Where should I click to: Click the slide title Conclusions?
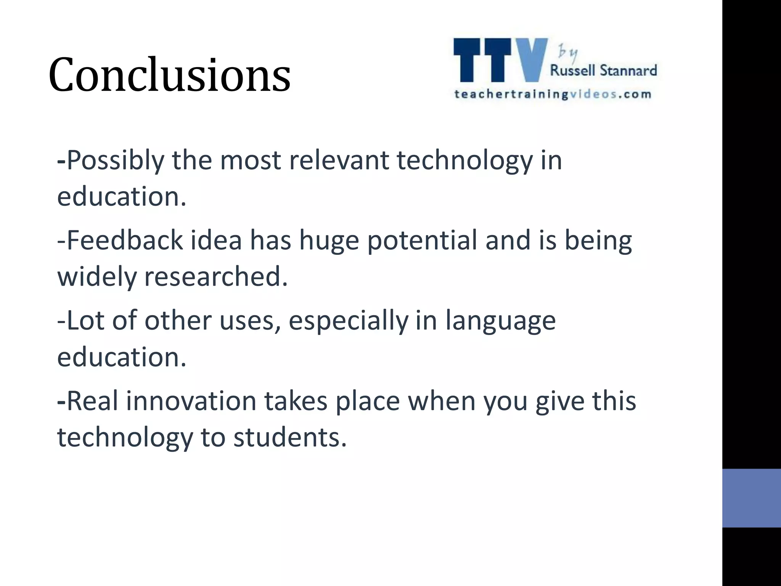click(169, 75)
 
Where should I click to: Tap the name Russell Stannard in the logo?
click(603, 71)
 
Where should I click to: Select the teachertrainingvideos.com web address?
click(553, 94)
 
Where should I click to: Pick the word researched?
click(215, 276)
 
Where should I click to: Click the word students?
click(290, 437)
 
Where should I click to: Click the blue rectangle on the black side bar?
click(751, 498)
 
